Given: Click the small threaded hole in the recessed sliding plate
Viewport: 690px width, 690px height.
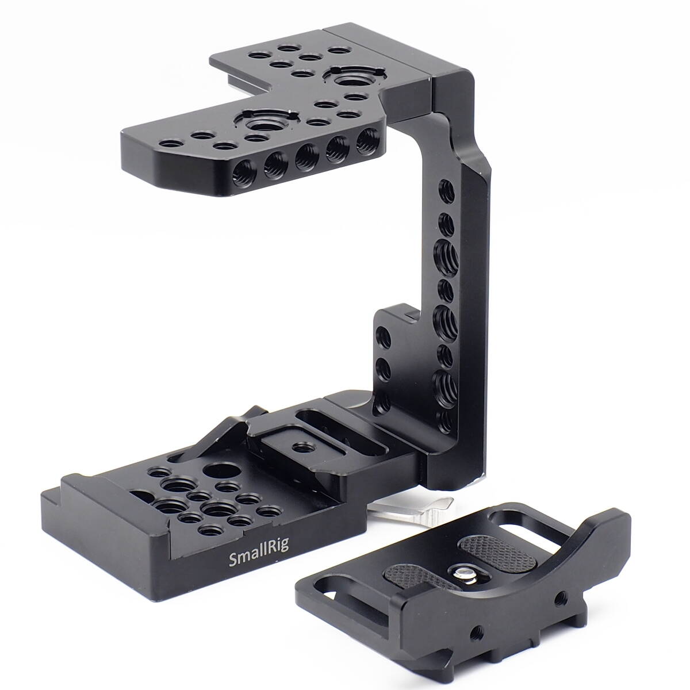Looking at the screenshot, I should (x=298, y=446).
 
